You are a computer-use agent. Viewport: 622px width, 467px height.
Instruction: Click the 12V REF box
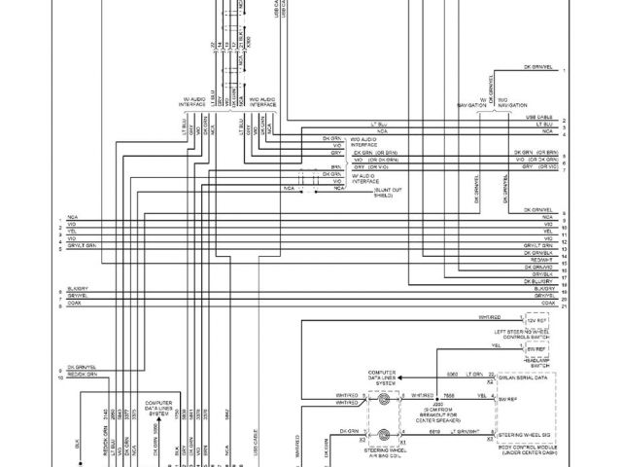pyautogui.click(x=537, y=319)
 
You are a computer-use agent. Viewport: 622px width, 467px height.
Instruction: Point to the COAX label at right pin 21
pyautogui.click(x=548, y=305)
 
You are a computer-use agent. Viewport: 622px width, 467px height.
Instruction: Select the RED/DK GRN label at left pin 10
pyautogui.click(x=84, y=374)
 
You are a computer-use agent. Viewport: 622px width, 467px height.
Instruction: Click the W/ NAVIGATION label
pyautogui.click(x=472, y=102)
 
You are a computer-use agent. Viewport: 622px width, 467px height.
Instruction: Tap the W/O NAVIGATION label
pyautogui.click(x=511, y=102)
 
